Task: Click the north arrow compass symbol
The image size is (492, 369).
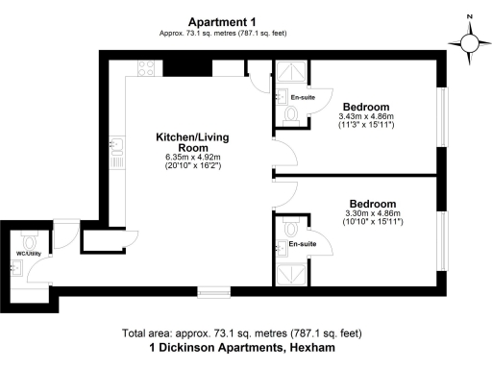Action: (469, 43)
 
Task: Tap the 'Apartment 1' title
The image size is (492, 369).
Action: (222, 22)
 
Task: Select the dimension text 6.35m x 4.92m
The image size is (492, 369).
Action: (193, 158)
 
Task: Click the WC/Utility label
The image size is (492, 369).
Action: (28, 255)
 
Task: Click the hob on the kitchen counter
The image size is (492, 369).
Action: (148, 69)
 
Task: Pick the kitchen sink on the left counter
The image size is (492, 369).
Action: (114, 146)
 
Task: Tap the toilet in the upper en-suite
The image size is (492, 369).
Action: (291, 113)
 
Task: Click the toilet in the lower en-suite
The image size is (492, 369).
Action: (291, 229)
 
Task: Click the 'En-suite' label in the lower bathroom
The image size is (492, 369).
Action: (302, 245)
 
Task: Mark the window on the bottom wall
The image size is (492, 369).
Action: (213, 290)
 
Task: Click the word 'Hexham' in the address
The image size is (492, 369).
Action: (313, 348)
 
